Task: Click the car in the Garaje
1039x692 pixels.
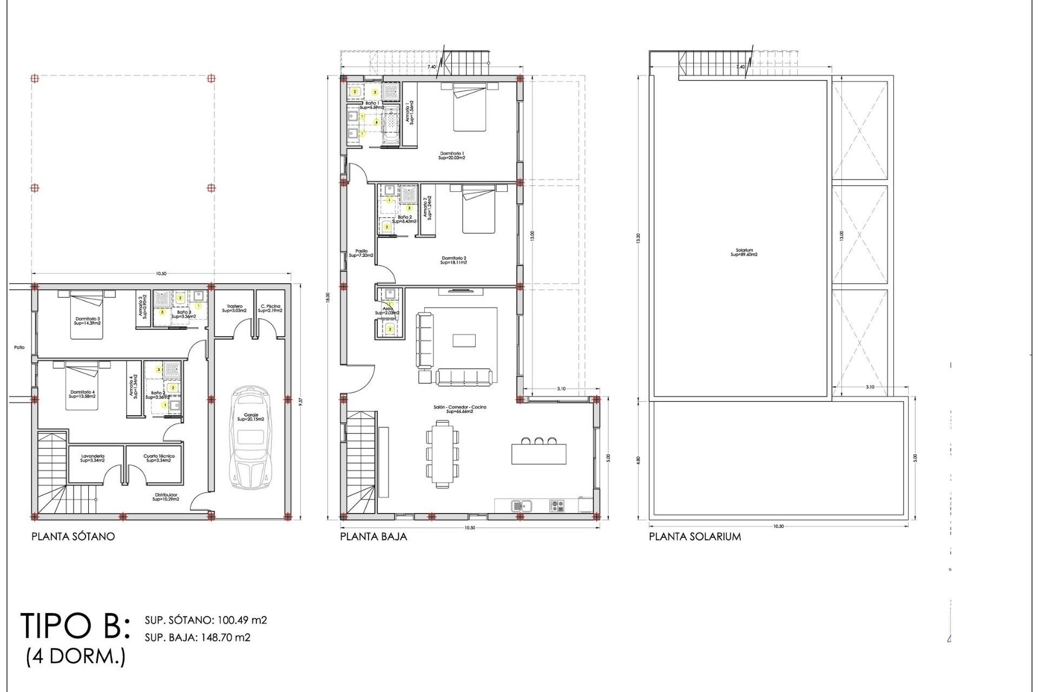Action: point(251,438)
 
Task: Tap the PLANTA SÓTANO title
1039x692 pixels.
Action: point(73,536)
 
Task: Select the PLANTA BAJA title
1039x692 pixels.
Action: point(373,536)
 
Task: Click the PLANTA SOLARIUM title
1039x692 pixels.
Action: point(695,536)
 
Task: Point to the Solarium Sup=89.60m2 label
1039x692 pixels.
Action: point(744,252)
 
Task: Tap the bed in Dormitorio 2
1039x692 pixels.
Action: point(478,209)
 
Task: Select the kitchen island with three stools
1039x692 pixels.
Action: point(539,453)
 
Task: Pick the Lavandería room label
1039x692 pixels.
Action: point(93,458)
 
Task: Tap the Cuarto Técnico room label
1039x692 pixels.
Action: point(159,458)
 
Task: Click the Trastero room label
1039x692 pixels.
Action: point(234,308)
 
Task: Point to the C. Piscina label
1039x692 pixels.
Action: point(269,308)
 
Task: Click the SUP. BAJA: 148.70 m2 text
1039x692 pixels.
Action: point(198,637)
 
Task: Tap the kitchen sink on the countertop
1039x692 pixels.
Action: point(522,506)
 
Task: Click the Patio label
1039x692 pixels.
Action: point(19,348)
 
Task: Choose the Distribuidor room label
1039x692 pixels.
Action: point(166,497)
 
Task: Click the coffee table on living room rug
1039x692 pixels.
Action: point(464,340)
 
